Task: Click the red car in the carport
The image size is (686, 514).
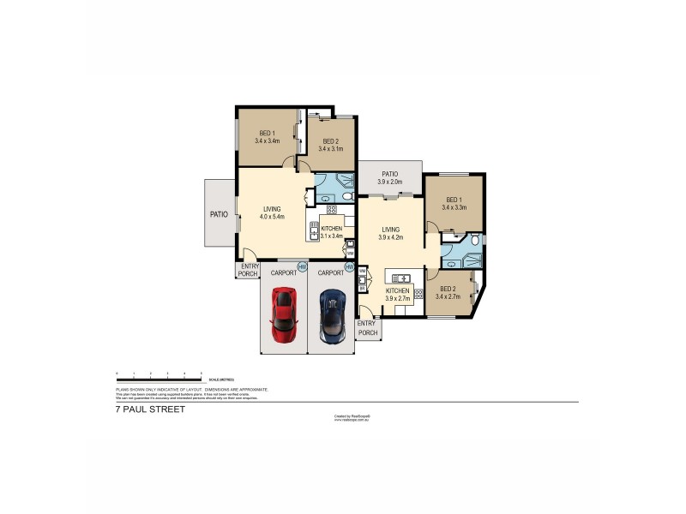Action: pos(283,314)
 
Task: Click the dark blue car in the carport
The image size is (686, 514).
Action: pos(331,314)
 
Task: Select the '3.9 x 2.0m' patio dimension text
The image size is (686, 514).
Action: pos(390,182)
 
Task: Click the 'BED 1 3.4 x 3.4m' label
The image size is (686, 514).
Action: pos(268,137)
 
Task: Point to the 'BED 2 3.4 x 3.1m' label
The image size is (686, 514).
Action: pos(330,145)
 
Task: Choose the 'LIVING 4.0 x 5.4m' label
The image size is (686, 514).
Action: pos(273,212)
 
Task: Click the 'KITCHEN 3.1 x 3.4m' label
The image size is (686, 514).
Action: pos(331,232)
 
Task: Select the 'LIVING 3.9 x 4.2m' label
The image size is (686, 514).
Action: pos(391,233)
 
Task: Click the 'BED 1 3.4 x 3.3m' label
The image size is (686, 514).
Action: pos(454,203)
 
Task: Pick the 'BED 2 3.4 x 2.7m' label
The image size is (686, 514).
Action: pos(448,293)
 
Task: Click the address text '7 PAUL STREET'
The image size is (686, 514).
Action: pos(150,409)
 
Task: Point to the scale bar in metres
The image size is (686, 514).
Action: pos(159,374)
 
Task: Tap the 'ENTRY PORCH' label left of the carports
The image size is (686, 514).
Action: pos(249,270)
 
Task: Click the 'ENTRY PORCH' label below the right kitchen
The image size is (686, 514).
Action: pos(368,327)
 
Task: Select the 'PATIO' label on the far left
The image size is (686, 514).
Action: pos(219,214)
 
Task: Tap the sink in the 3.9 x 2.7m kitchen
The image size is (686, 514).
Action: pos(399,277)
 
